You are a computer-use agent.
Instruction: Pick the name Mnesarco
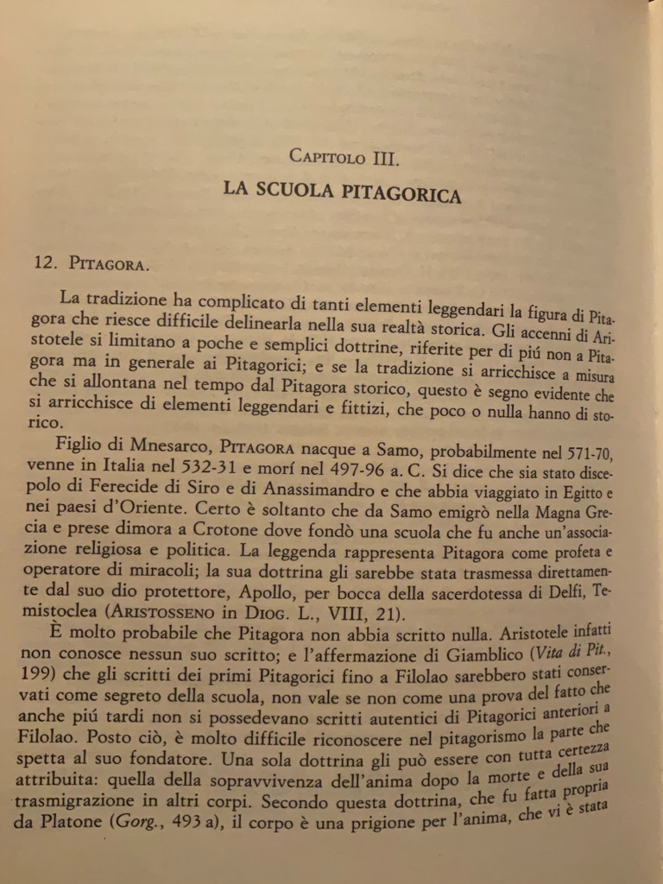(x=157, y=447)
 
